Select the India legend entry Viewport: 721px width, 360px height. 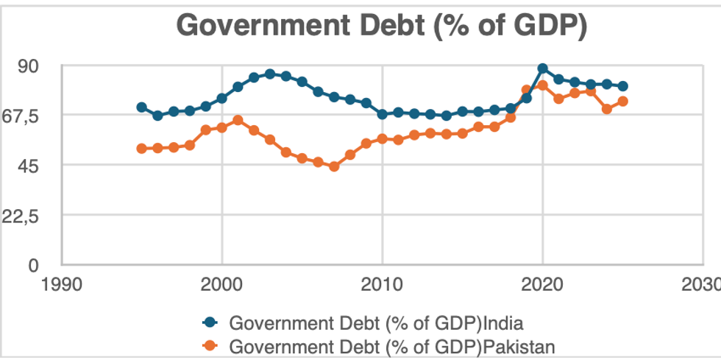pos(376,322)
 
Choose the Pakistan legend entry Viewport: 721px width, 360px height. pos(390,345)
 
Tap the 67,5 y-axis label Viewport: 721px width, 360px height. pos(28,116)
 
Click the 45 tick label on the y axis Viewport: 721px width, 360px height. pos(37,165)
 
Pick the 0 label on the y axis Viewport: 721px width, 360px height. pos(43,264)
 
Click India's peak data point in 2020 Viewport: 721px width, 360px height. pos(542,68)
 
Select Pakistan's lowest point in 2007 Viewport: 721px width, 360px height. pos(334,166)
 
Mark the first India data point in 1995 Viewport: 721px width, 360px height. pos(142,107)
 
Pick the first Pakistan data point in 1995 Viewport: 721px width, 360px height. pos(142,149)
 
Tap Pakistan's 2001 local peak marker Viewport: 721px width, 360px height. pos(238,120)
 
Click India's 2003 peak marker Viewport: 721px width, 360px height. pos(270,74)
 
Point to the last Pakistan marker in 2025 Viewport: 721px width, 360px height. pos(622,102)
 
